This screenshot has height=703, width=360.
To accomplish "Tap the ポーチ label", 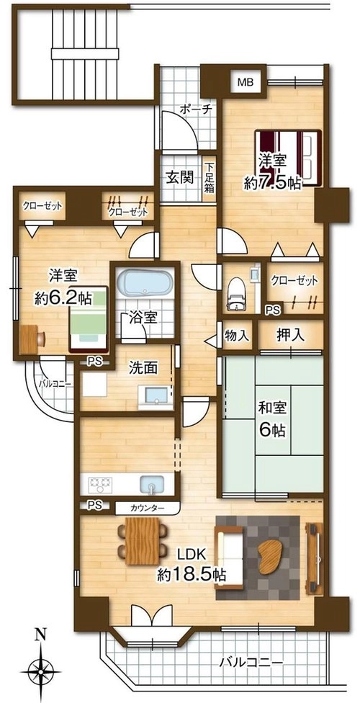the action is (195, 109).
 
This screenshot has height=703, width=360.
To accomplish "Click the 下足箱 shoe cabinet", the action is (210, 177).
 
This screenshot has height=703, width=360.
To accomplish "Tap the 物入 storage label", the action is (236, 335).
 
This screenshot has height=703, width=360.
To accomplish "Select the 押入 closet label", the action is (290, 334).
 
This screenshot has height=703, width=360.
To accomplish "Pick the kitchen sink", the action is (153, 484).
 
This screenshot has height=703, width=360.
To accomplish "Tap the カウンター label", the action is (148, 508).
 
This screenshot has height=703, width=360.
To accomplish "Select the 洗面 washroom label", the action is (143, 367).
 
